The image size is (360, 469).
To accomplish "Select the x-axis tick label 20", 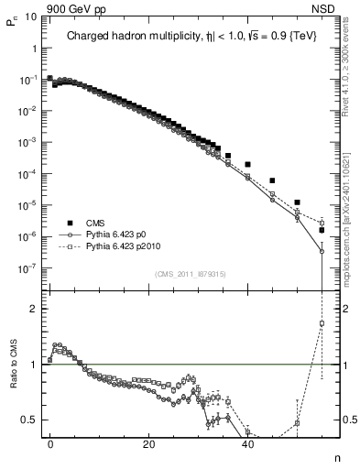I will (148, 443).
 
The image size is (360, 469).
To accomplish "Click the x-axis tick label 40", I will (247, 443).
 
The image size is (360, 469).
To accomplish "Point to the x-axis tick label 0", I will (50, 443).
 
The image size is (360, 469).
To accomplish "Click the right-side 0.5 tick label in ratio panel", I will (348, 420).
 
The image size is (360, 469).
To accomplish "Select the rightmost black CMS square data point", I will (322, 231).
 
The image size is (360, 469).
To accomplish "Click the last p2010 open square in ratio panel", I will (322, 323).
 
